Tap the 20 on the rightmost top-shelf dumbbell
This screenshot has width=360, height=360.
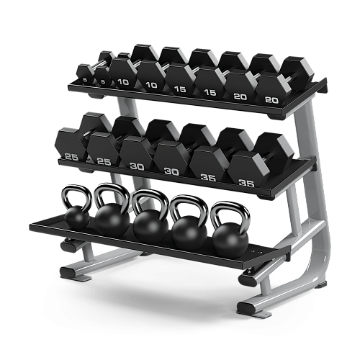coord(271,99)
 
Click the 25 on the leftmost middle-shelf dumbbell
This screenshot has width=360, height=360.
coord(70,156)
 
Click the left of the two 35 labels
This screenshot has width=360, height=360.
coord(208,176)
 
